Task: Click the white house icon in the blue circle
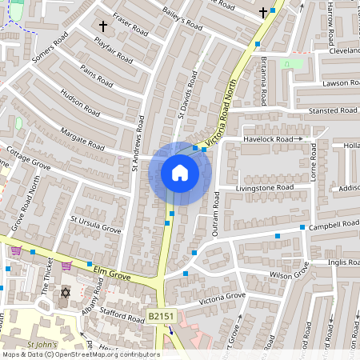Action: (180, 173)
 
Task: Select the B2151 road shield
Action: (160, 318)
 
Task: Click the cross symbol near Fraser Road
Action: (102, 26)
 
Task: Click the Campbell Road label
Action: (334, 225)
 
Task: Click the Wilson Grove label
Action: (289, 275)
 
